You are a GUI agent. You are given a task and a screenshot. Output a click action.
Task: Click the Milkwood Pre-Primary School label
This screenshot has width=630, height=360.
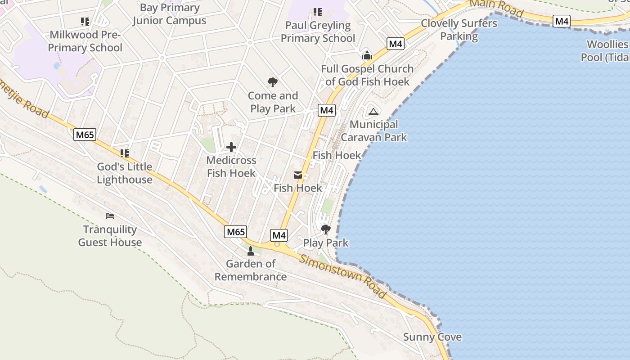click(x=85, y=41)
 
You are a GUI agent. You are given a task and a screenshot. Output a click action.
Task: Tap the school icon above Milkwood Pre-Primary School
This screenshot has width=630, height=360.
click(x=85, y=21)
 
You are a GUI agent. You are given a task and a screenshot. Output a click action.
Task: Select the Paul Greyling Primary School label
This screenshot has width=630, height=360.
click(x=318, y=31)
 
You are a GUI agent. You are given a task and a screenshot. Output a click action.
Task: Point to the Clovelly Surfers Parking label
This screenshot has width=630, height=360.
click(x=459, y=30)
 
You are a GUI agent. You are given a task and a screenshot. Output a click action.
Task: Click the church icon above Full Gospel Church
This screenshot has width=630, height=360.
click(x=367, y=56)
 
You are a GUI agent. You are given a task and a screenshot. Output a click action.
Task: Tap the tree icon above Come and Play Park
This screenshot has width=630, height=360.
click(x=272, y=82)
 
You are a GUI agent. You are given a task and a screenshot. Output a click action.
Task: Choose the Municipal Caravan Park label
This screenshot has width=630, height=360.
click(x=373, y=130)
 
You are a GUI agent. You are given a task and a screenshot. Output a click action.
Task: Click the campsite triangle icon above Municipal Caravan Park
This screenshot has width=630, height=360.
click(x=373, y=112)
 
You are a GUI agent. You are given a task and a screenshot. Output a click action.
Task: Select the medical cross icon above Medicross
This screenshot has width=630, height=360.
click(x=231, y=147)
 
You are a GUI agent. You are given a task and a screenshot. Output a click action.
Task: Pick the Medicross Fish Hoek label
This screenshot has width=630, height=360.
click(x=231, y=166)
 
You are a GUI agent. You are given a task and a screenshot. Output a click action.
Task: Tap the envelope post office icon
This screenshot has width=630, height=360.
click(x=298, y=175)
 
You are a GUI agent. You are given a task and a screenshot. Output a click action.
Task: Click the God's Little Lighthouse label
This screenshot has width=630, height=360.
click(x=125, y=173)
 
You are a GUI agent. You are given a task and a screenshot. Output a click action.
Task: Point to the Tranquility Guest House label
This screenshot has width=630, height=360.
click(x=110, y=236)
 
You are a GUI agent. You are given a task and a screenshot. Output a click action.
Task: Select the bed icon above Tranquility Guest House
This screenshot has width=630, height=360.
click(x=110, y=216)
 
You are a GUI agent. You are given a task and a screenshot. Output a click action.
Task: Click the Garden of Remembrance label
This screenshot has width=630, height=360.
click(x=251, y=270)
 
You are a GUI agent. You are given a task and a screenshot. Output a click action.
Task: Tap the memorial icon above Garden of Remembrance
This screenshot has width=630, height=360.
click(x=251, y=251)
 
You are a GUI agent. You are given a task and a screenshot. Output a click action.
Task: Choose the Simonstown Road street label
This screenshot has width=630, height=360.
click(x=343, y=276)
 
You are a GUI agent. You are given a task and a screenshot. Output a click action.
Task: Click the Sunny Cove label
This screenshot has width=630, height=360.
click(x=432, y=337)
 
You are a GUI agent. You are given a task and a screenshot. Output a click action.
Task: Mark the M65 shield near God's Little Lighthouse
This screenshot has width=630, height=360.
click(x=85, y=135)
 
